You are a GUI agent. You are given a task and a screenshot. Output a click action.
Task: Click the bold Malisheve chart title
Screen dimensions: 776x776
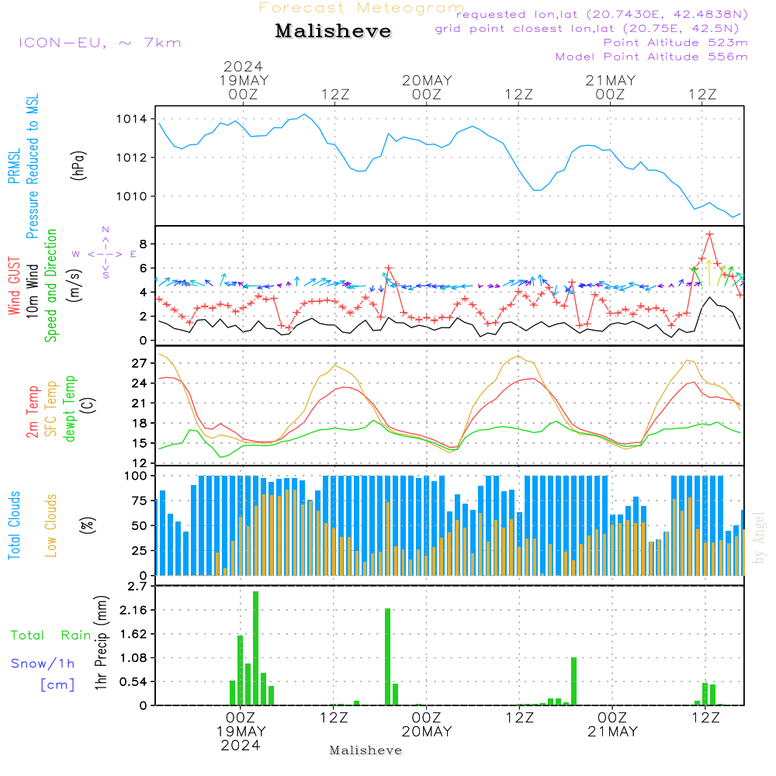point(334,32)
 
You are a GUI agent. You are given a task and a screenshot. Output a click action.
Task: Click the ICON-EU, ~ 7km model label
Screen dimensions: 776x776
point(99,43)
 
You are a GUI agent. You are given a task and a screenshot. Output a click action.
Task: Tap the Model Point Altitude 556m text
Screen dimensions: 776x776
point(652,57)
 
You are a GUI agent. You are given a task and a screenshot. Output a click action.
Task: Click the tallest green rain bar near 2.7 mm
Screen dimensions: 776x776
point(256,648)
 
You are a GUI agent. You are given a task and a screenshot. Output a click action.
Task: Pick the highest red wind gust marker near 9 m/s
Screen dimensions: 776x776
point(709,234)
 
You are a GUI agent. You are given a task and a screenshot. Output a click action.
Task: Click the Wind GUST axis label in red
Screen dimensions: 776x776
point(15,287)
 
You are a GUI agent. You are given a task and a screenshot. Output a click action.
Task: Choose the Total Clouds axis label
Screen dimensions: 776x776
point(15,525)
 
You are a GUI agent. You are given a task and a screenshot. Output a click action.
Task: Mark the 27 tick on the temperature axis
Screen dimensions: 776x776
point(140,363)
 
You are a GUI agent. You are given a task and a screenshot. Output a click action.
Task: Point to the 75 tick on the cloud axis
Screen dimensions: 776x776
point(140,501)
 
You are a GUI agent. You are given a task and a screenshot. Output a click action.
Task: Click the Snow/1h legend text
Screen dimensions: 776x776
point(43,663)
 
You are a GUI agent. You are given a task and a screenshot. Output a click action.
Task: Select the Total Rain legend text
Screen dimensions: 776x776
point(50,636)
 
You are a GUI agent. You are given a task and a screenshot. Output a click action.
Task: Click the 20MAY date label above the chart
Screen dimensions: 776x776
point(427,81)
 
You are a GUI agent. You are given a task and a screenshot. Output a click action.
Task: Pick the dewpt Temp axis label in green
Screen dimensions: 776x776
point(71,409)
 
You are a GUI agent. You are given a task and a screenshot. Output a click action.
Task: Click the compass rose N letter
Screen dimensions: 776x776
point(106,230)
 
